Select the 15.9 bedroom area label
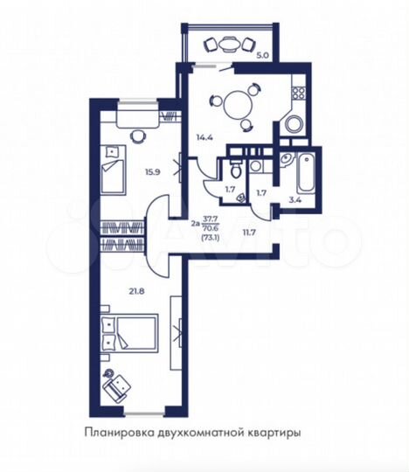(x=153, y=171)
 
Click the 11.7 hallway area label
(x=249, y=232)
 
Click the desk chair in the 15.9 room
(x=138, y=135)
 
